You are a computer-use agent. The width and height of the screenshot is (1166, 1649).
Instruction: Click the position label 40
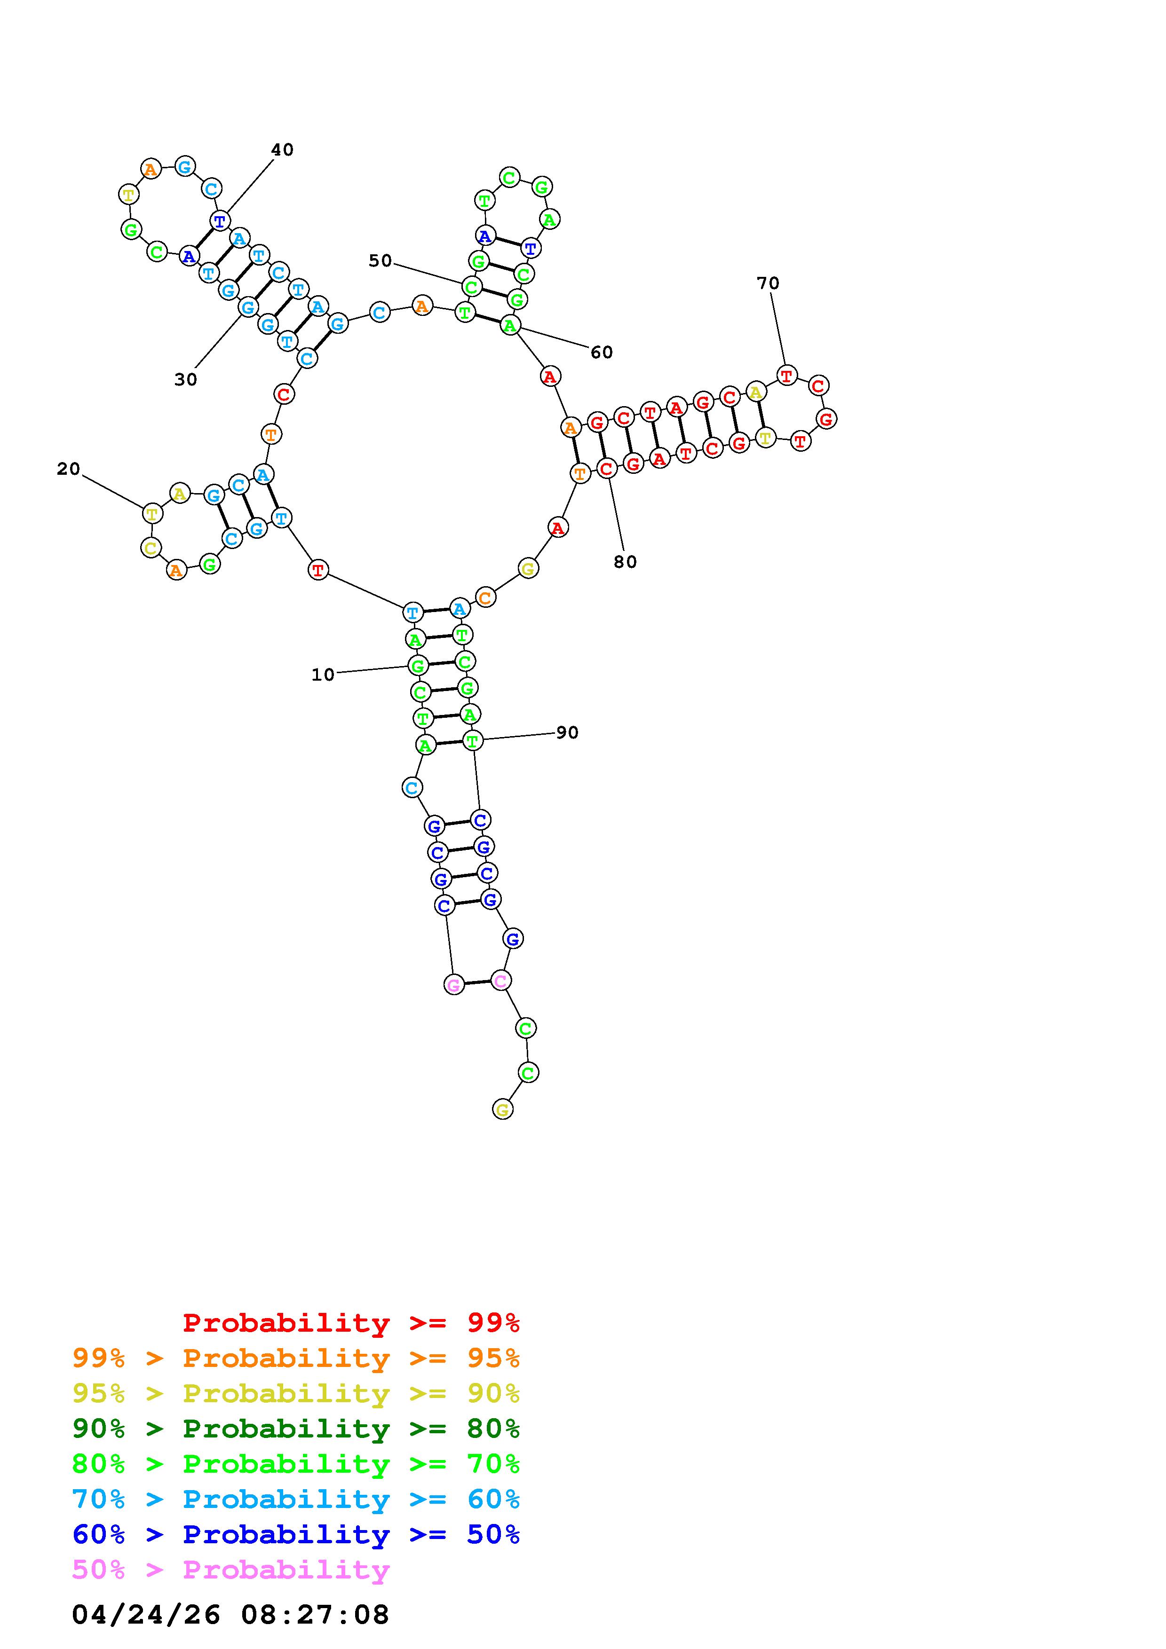282,149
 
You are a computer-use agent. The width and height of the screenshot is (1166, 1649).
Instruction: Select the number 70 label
768,283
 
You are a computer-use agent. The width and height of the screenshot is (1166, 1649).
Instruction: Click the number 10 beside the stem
323,675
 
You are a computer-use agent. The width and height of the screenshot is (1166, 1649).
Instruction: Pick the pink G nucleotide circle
454,985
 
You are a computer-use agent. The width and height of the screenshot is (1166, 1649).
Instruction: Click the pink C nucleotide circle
501,980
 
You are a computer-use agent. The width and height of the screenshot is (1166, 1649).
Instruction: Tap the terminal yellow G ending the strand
503,1110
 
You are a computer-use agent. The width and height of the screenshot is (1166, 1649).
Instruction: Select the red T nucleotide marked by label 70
787,375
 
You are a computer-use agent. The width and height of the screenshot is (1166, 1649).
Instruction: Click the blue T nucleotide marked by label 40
220,220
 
